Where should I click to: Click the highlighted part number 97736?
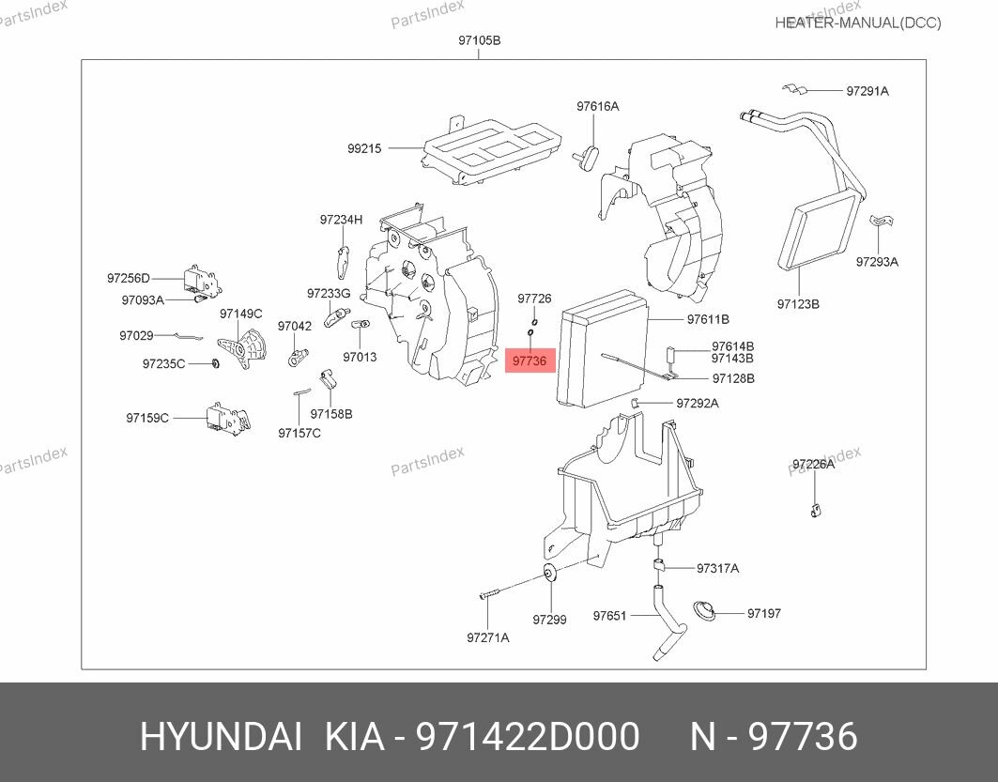(x=530, y=360)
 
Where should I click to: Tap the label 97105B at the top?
(x=479, y=40)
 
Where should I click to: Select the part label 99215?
(x=364, y=147)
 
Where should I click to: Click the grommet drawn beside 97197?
(x=704, y=612)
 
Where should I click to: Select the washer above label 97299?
(x=549, y=575)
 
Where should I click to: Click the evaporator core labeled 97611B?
(x=602, y=348)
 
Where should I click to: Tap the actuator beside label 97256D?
(x=202, y=279)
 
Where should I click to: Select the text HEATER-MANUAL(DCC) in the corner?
(x=857, y=23)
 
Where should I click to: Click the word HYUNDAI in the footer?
(x=221, y=737)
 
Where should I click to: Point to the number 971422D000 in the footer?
(x=529, y=737)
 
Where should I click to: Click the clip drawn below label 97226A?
(x=815, y=510)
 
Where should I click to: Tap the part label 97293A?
(x=876, y=262)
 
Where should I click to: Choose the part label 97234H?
(x=340, y=220)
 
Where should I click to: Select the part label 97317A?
(x=717, y=568)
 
